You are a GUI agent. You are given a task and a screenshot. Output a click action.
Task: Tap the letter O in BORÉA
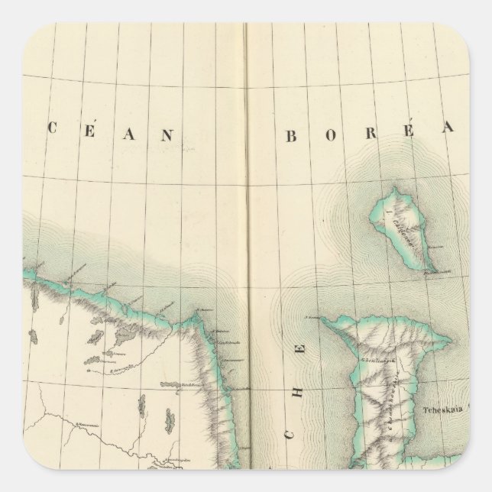point(329,137)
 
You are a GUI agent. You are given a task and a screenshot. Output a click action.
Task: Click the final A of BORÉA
point(449,137)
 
